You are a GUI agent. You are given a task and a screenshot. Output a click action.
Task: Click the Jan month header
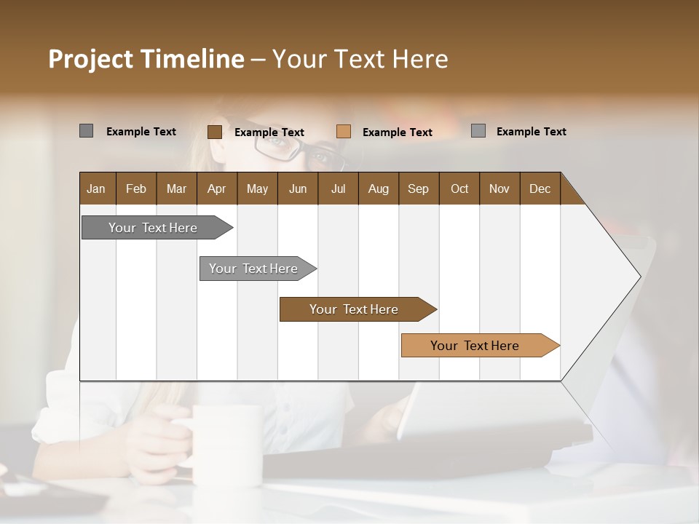[x=97, y=188]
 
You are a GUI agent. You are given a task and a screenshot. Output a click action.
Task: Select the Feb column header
[x=136, y=188]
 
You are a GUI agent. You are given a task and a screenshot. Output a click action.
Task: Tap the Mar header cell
[x=176, y=188]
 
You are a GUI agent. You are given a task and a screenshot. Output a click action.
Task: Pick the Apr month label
[x=217, y=188]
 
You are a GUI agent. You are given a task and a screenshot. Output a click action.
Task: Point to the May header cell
[x=257, y=188]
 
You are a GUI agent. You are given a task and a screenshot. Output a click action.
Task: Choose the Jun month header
[x=298, y=188]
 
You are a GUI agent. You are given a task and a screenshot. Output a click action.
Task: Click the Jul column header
[x=338, y=188]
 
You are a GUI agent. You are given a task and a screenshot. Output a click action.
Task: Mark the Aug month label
[x=379, y=188]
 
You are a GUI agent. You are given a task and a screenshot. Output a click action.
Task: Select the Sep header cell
[x=419, y=188]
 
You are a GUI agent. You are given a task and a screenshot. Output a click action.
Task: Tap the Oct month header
[x=459, y=188]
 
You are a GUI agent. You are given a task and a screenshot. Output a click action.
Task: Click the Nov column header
[x=499, y=188]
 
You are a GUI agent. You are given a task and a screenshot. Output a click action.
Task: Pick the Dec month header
[x=540, y=188]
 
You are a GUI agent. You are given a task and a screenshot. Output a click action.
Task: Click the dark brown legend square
[x=215, y=132]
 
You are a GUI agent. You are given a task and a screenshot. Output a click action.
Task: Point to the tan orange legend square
[x=344, y=132]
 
